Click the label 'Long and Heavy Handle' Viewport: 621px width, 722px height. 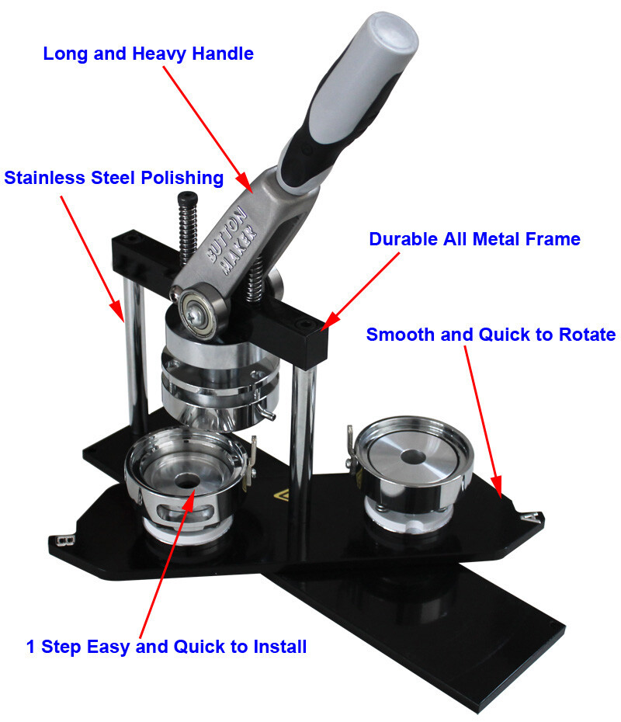148,54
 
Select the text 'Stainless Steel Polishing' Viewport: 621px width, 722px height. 113,178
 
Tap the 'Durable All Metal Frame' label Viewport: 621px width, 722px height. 474,239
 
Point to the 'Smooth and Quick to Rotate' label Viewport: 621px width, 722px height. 491,335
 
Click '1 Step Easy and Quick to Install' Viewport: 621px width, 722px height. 166,647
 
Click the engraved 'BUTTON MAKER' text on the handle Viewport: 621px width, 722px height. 232,241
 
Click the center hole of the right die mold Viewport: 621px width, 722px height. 412,456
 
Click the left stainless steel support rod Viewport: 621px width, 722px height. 134,355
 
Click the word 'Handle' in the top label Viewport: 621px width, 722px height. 223,54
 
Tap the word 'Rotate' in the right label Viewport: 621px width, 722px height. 587,335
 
